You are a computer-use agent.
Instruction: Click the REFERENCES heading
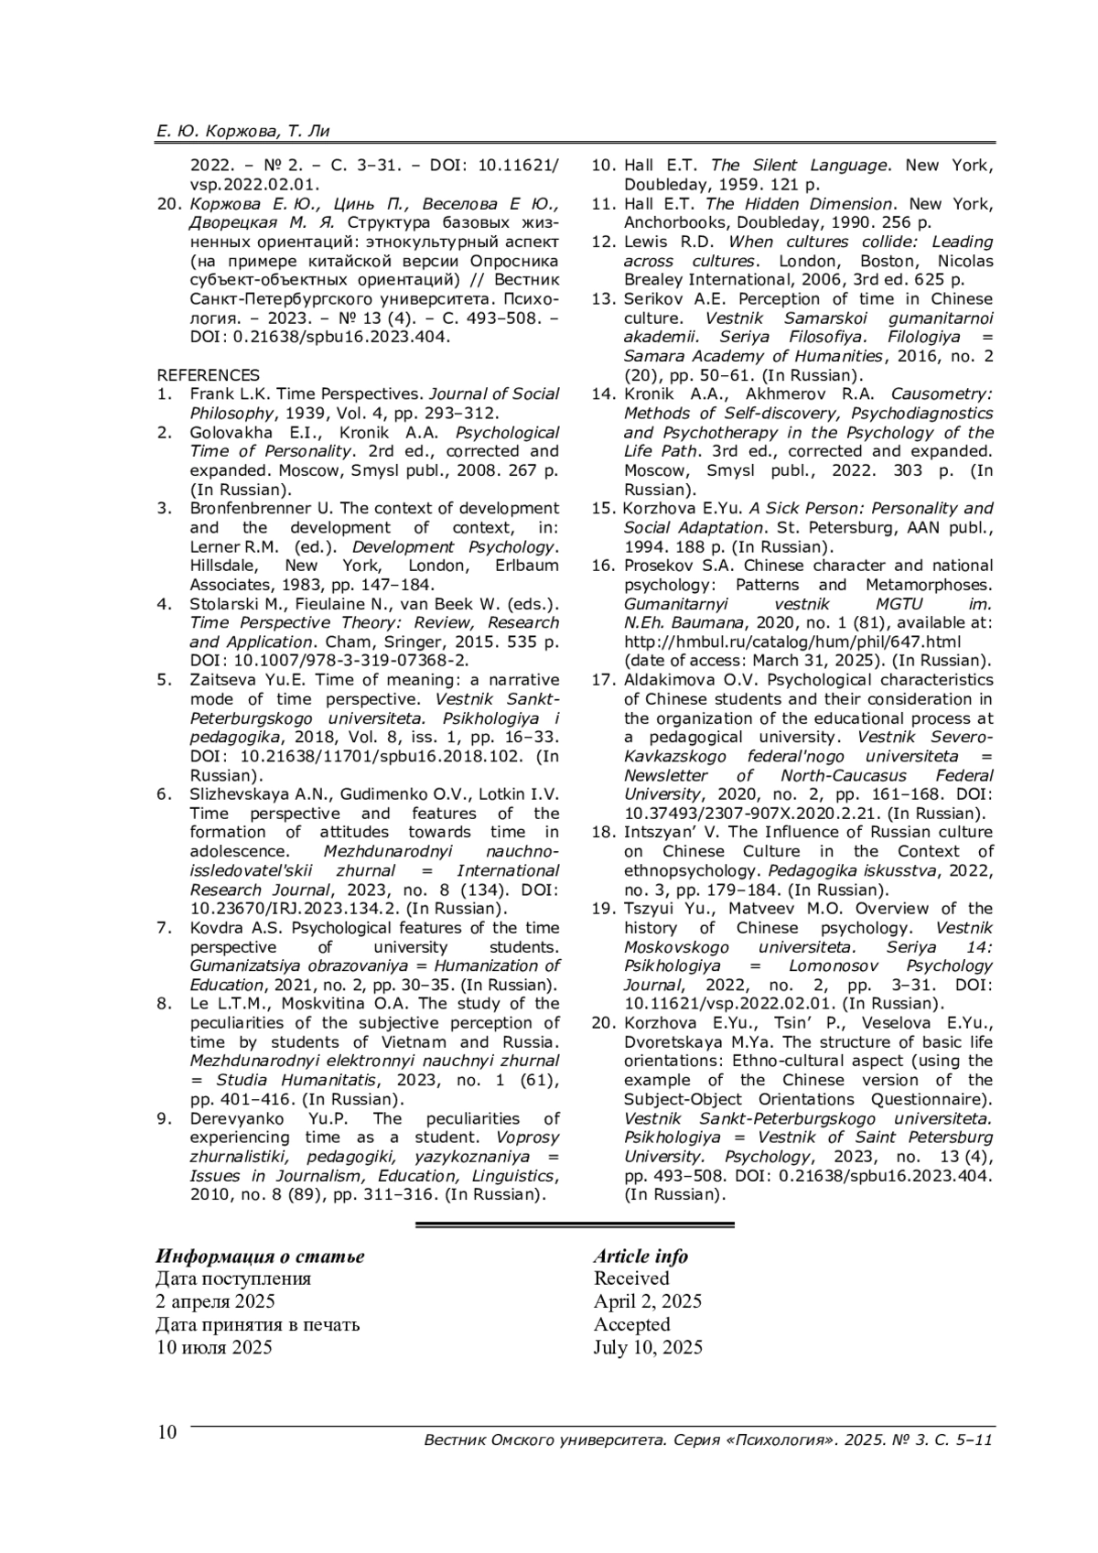pos(208,375)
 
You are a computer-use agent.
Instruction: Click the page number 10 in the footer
pos(167,1433)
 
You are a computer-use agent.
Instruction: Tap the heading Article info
pos(640,1256)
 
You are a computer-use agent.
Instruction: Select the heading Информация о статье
pos(260,1256)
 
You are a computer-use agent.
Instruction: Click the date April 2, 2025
pos(647,1301)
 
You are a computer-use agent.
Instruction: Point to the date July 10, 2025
pos(648,1347)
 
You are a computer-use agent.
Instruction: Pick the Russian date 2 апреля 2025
pos(215,1301)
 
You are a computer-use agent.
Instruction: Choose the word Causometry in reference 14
pos(942,394)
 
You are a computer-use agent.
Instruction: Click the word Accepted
pos(631,1324)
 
